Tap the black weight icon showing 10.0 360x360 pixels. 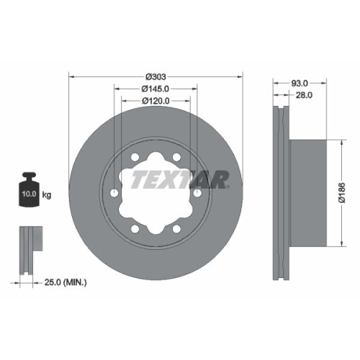tap(28, 192)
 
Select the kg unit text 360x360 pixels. tap(48, 194)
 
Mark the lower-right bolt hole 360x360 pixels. tap(177, 228)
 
